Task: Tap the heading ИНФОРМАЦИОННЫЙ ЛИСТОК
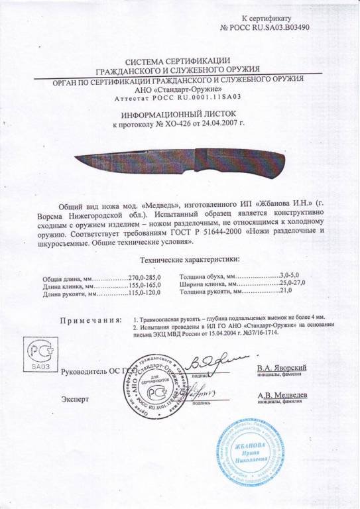click(x=181, y=114)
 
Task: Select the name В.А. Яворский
click(x=282, y=368)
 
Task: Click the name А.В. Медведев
click(x=282, y=395)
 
